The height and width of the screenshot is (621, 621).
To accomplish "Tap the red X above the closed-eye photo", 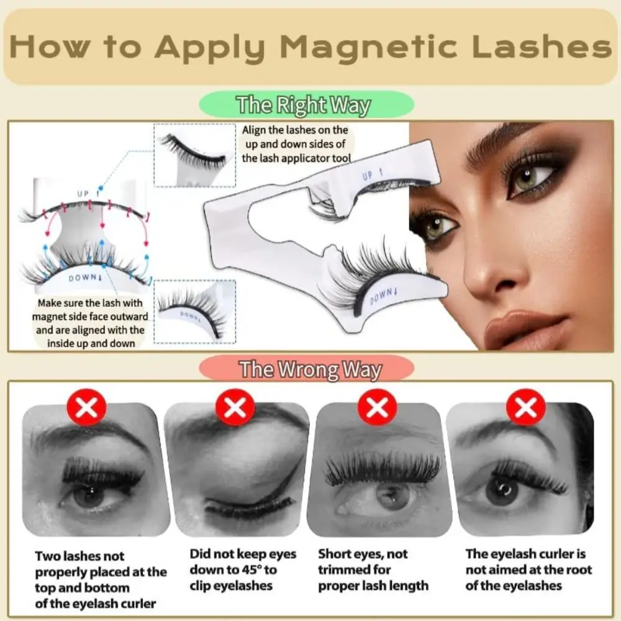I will coord(234,408).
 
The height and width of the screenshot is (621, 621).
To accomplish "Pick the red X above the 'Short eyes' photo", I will coord(378,408).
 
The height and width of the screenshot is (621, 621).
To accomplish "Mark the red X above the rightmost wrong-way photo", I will coord(526,408).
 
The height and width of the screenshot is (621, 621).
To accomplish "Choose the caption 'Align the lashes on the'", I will coord(295,130).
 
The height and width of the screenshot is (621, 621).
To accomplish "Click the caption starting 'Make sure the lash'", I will coord(91,304).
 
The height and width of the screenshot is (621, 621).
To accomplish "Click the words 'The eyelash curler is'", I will coord(525,553).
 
